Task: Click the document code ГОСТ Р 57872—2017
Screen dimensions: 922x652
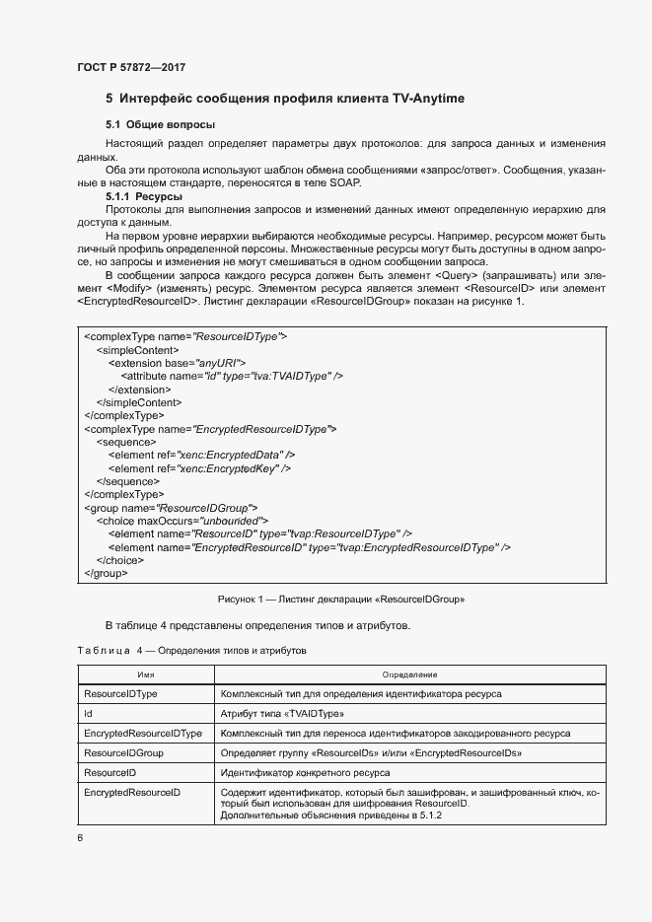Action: [x=130, y=67]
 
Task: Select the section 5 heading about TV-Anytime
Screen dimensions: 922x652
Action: [x=285, y=100]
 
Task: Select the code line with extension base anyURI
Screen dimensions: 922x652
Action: [x=170, y=363]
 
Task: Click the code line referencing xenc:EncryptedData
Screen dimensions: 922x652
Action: [x=200, y=455]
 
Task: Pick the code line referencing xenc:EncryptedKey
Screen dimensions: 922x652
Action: [x=198, y=468]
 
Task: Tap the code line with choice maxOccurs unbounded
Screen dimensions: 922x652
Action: [x=181, y=520]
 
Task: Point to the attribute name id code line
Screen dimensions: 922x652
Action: [x=231, y=376]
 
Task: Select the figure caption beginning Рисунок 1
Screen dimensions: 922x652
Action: [x=340, y=599]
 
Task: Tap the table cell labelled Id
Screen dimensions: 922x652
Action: [x=89, y=713]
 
